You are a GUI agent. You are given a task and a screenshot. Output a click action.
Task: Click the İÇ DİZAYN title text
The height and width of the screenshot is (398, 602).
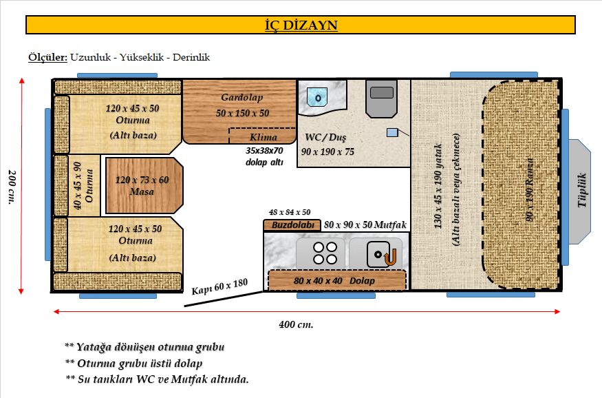(x=300, y=25)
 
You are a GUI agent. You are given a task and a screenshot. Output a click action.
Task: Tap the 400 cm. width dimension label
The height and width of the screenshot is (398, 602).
(x=296, y=324)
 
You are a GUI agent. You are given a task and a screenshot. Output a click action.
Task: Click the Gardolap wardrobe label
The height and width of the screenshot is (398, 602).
(x=241, y=98)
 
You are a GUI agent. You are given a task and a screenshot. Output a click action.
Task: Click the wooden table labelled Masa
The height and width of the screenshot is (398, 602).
(x=145, y=185)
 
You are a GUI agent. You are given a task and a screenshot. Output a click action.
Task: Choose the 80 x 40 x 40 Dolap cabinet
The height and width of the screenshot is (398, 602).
(x=336, y=281)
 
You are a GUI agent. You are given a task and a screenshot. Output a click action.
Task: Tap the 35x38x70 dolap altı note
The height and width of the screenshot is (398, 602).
(x=264, y=156)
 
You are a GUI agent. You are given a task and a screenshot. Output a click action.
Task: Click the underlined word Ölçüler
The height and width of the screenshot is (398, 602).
(x=47, y=57)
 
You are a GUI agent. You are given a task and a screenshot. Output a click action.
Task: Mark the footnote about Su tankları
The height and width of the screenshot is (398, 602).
(x=157, y=379)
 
